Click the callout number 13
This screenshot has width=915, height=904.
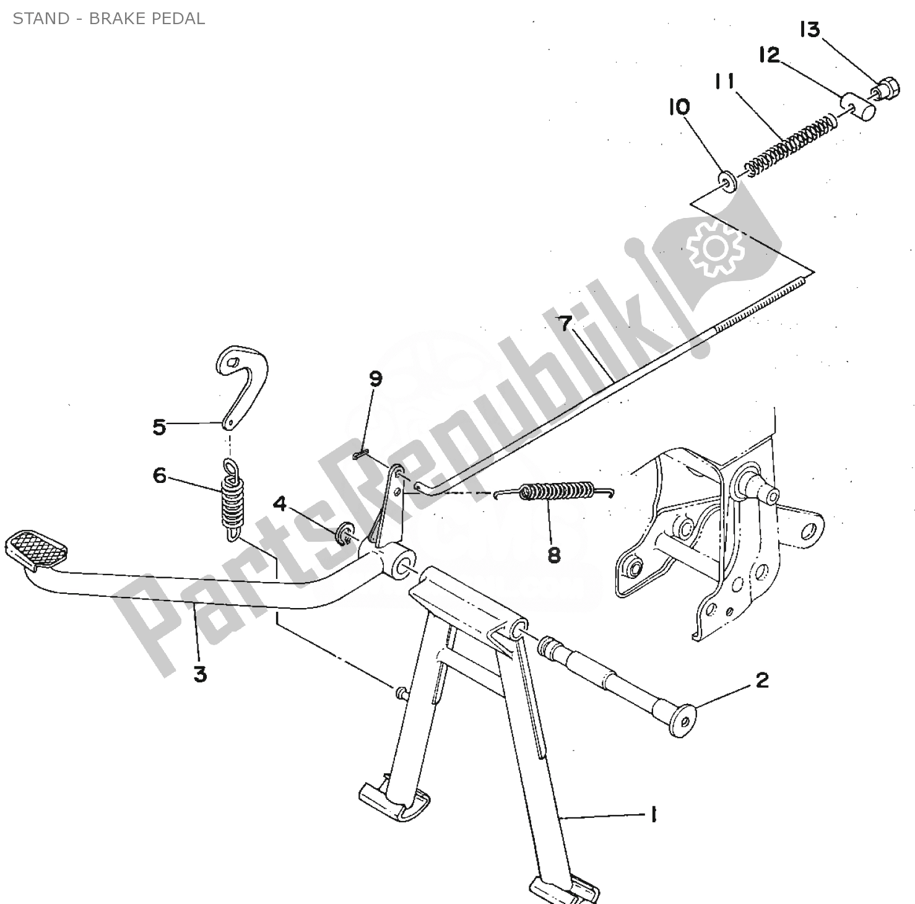tap(810, 30)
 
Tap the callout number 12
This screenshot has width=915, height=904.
tap(769, 55)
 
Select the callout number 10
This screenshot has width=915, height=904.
tap(679, 107)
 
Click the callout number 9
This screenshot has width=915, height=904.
tap(376, 379)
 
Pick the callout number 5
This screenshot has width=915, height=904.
tap(160, 427)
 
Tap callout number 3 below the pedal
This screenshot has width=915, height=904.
tap(199, 674)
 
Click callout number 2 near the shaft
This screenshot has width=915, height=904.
tap(762, 680)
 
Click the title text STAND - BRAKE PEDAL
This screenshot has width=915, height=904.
tap(109, 19)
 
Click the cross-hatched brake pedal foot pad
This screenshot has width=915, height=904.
tap(36, 548)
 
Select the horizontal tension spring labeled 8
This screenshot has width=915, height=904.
tap(554, 491)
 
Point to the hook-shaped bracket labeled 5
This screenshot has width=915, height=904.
tap(241, 384)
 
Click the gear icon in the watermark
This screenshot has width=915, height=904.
tap(714, 248)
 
